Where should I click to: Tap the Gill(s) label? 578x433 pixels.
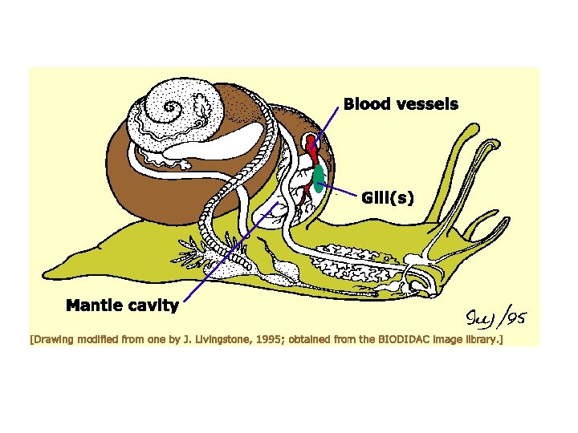pyautogui.click(x=388, y=197)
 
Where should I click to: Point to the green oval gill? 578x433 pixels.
pyautogui.click(x=319, y=177)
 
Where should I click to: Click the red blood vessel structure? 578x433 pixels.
pyautogui.click(x=311, y=148)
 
